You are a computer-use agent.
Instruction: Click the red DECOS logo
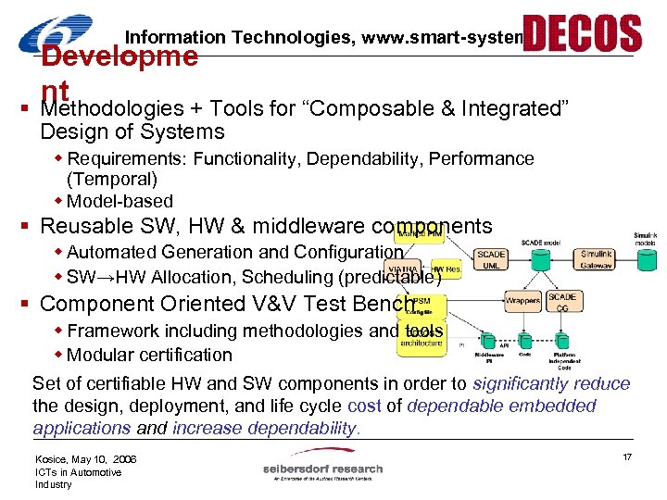click(582, 33)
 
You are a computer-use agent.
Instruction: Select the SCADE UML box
click(491, 259)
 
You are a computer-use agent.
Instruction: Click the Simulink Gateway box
click(597, 259)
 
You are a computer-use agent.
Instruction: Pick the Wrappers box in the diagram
click(522, 300)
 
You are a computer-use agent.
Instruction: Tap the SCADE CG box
click(562, 302)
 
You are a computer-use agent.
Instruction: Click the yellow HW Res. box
click(447, 269)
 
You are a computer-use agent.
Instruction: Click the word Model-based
click(120, 201)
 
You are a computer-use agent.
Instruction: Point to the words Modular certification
click(149, 355)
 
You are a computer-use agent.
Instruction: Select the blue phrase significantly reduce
click(551, 383)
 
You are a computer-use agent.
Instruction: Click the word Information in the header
click(175, 38)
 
